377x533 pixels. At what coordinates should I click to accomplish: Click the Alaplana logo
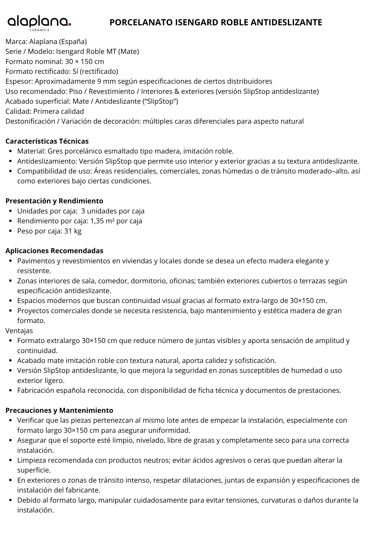[39, 22]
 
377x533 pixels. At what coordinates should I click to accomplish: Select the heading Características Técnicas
[47, 141]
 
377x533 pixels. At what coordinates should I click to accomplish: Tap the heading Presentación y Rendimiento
[54, 201]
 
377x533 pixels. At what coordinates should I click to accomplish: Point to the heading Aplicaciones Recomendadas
[54, 251]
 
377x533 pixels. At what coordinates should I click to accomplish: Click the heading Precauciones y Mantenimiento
[59, 410]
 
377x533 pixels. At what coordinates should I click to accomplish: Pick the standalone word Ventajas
[19, 331]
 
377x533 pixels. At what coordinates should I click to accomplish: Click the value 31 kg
[73, 231]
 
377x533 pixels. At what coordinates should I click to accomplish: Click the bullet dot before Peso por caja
[10, 231]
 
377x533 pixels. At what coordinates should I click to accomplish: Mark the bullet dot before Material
[10, 151]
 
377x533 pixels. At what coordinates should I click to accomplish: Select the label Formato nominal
[34, 62]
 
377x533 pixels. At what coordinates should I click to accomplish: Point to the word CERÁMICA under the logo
[39, 30]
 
